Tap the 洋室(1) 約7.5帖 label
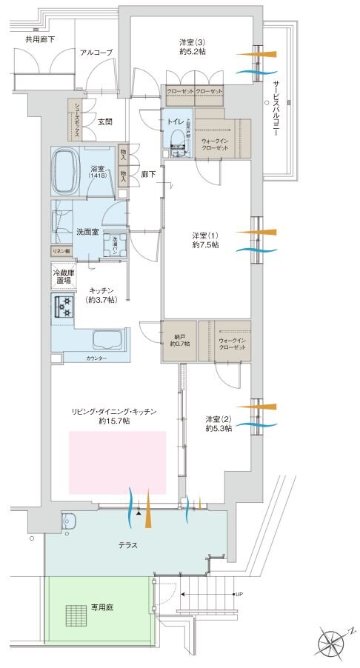(204, 240)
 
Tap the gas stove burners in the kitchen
(62, 306)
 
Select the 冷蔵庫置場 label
(62, 276)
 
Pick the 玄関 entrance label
(105, 121)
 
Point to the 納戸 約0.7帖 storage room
(179, 338)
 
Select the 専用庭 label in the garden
(101, 606)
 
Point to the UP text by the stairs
(239, 595)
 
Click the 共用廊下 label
(40, 38)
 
